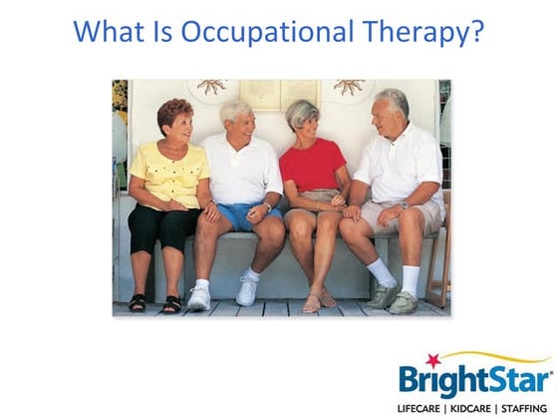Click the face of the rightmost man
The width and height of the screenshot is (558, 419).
click(386, 112)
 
